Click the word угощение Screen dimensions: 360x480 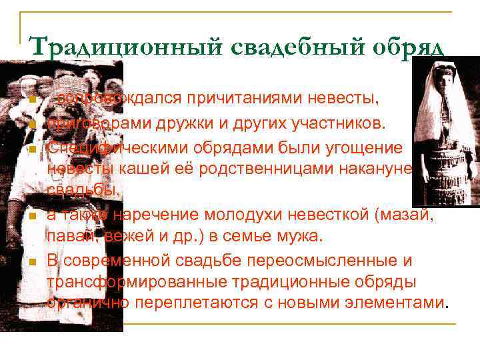[361, 146]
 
